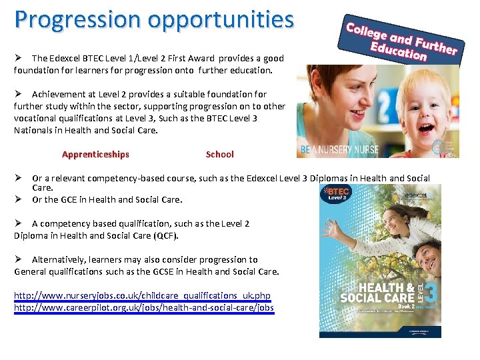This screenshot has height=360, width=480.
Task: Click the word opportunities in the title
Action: (x=221, y=20)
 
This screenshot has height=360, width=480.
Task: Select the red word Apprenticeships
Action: (x=95, y=154)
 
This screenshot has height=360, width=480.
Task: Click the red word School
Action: (x=219, y=154)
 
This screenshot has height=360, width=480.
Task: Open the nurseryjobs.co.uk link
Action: (x=142, y=295)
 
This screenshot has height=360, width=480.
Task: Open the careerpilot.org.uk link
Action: (x=143, y=307)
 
